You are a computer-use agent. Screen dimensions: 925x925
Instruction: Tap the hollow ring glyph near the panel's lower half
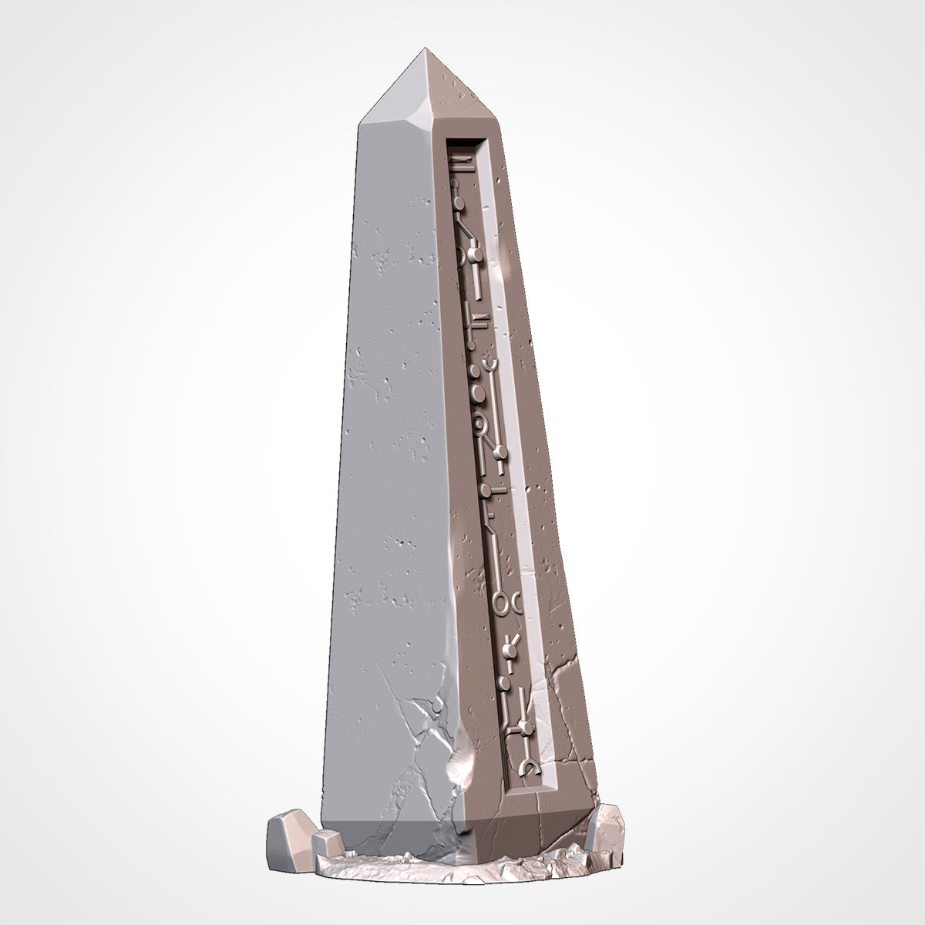504,604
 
